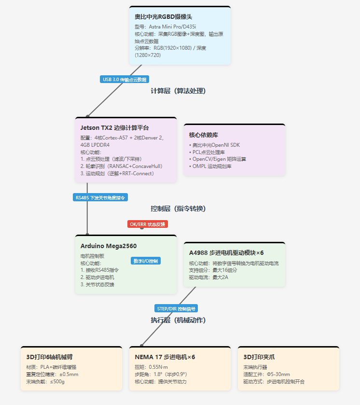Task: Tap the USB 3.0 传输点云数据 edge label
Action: tap(125, 79)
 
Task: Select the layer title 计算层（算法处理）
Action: tap(178, 91)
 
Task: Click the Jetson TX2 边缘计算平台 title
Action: tap(114, 128)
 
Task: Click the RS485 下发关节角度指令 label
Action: tap(100, 197)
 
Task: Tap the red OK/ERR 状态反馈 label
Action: tap(148, 224)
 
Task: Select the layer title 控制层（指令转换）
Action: tap(178, 209)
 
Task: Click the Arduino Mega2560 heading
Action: tap(109, 246)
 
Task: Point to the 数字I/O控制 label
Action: tap(146, 261)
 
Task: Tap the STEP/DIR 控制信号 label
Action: tap(176, 308)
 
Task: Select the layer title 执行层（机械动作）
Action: tap(178, 320)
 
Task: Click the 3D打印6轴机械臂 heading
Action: tap(49, 357)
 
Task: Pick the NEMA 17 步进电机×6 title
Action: tap(165, 357)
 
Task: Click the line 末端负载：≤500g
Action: tap(45, 382)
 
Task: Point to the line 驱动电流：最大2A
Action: tap(208, 278)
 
